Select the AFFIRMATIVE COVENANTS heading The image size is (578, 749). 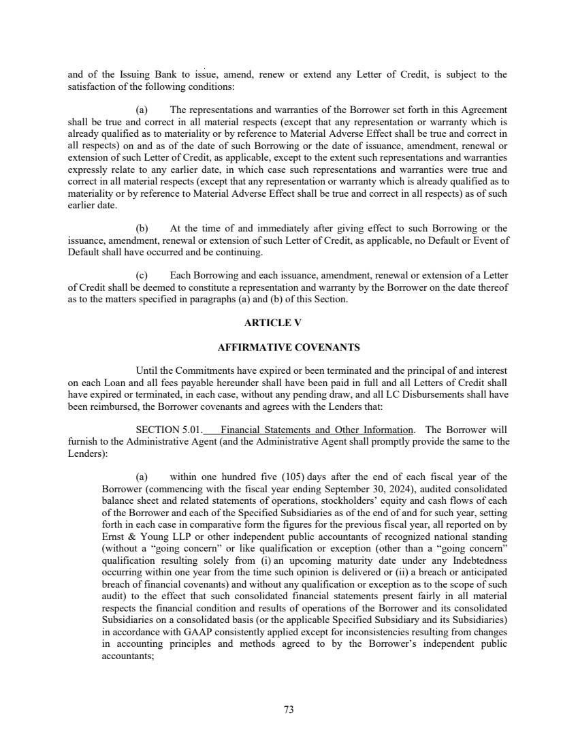288,347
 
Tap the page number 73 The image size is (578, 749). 289,710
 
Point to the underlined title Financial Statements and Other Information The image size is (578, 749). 317,430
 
